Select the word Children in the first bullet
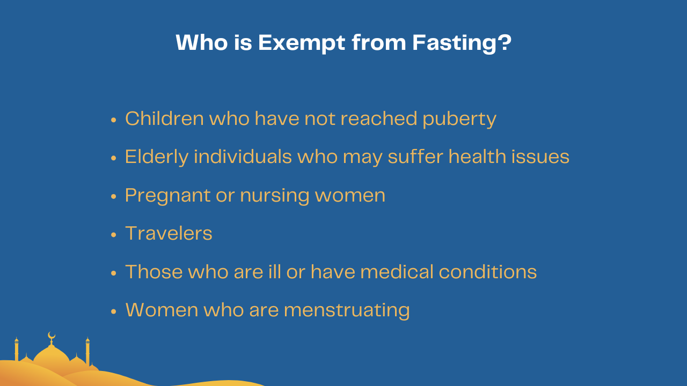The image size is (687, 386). pyautogui.click(x=164, y=118)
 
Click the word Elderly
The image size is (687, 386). pyautogui.click(x=157, y=157)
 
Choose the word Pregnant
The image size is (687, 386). pyautogui.click(x=167, y=196)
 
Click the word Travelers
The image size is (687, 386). pyautogui.click(x=169, y=233)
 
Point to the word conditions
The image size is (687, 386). pyautogui.click(x=487, y=272)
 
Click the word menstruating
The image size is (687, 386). pyautogui.click(x=347, y=310)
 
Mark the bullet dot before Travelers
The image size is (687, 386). pyautogui.click(x=113, y=235)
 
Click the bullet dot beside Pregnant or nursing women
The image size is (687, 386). pyautogui.click(x=113, y=196)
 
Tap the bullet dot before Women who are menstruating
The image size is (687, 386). pyautogui.click(x=113, y=311)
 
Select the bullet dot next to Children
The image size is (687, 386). pyautogui.click(x=113, y=120)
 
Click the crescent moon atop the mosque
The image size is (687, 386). pyautogui.click(x=52, y=336)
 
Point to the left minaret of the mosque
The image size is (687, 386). pyautogui.click(x=17, y=350)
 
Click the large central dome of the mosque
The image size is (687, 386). pyautogui.click(x=52, y=355)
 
